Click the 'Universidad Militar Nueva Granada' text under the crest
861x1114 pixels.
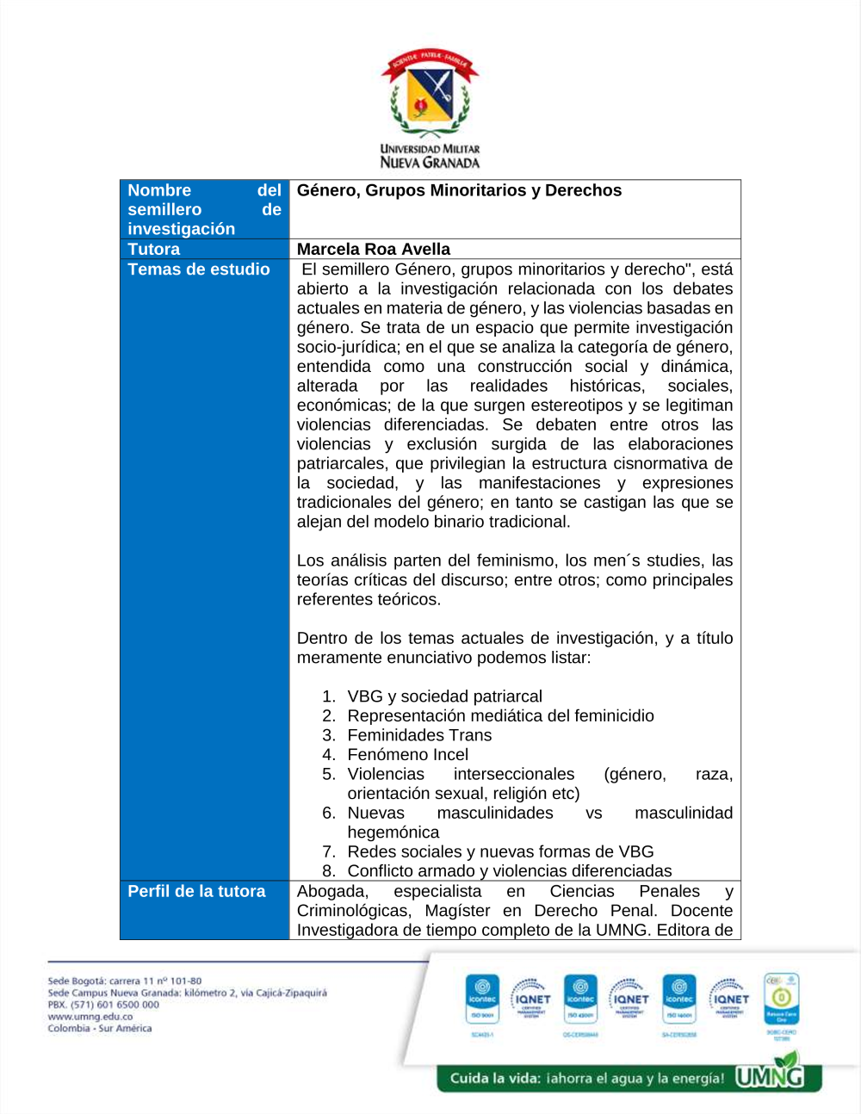pyautogui.click(x=430, y=156)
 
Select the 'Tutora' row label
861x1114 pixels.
pyautogui.click(x=154, y=249)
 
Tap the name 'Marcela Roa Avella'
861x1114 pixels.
pyautogui.click(x=374, y=249)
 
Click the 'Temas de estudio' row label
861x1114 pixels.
pyautogui.click(x=199, y=269)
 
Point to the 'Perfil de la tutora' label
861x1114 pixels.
pyautogui.click(x=196, y=891)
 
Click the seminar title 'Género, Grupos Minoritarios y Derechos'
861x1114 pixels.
pyautogui.click(x=459, y=190)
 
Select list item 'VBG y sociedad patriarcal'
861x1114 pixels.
pyautogui.click(x=444, y=696)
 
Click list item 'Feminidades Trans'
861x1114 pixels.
pyautogui.click(x=419, y=735)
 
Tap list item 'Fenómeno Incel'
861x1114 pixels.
pyautogui.click(x=407, y=755)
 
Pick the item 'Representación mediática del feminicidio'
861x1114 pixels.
pyautogui.click(x=500, y=716)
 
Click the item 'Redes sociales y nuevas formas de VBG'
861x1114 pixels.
pyautogui.click(x=500, y=851)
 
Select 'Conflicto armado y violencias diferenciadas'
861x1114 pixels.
pyautogui.click(x=509, y=871)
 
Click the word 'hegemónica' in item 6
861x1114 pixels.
pyautogui.click(x=393, y=832)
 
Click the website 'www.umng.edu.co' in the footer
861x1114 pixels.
pyautogui.click(x=90, y=1017)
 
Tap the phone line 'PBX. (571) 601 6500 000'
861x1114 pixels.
pyautogui.click(x=103, y=1005)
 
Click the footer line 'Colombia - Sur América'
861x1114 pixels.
pyautogui.click(x=100, y=1029)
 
